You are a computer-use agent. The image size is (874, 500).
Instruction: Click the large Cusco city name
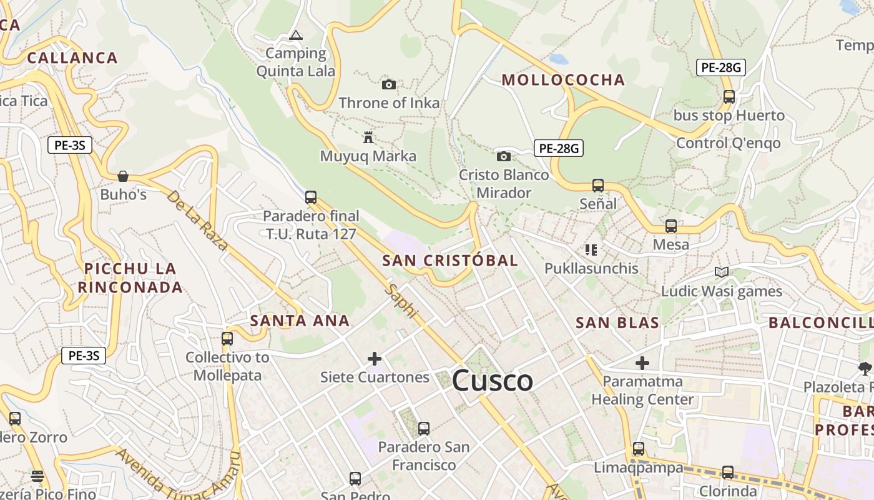click(x=493, y=381)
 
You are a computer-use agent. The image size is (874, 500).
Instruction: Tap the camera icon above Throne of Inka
click(x=388, y=84)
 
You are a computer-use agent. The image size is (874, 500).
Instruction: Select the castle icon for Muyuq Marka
click(x=368, y=137)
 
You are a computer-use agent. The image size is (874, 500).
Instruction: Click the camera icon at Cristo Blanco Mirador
click(x=504, y=156)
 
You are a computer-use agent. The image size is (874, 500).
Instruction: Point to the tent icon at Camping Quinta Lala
click(x=296, y=35)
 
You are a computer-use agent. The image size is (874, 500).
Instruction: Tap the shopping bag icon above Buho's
click(x=123, y=176)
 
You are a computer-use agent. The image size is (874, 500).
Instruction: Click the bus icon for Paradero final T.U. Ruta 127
click(x=311, y=197)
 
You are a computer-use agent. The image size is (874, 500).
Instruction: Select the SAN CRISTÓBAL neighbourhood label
click(x=450, y=261)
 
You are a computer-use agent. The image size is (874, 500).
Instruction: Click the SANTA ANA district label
click(x=300, y=321)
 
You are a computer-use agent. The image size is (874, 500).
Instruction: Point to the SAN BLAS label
click(x=617, y=322)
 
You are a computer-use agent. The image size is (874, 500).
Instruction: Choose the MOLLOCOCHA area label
click(x=563, y=80)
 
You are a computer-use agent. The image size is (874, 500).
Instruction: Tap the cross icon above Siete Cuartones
click(x=375, y=358)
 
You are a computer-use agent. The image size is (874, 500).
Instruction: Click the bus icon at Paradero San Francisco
click(x=424, y=429)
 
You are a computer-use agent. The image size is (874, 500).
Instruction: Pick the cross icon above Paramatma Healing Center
click(x=642, y=362)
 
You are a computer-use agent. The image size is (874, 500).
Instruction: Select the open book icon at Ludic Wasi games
click(x=722, y=272)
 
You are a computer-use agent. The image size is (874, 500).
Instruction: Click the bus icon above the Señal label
click(x=598, y=186)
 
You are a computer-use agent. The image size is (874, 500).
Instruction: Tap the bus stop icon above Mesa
click(x=671, y=226)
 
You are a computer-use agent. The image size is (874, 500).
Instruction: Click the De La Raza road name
click(x=197, y=220)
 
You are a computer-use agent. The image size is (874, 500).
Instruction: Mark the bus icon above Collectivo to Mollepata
click(x=227, y=339)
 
